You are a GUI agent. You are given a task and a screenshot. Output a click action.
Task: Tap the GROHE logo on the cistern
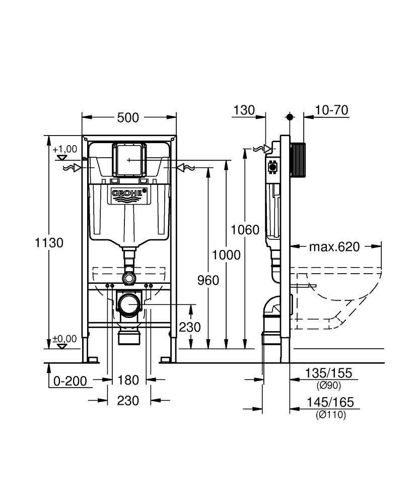tap(128, 193)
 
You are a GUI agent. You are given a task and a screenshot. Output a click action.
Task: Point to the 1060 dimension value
tap(245, 230)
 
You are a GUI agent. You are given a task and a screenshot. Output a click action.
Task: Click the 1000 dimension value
tap(226, 255)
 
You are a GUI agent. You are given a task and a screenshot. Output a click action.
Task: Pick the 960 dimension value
tap(208, 280)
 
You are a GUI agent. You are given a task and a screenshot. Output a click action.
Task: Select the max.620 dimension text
tap(334, 246)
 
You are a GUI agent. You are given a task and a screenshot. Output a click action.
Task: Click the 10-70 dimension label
tap(331, 110)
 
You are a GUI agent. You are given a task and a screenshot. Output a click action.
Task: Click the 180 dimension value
tap(128, 380)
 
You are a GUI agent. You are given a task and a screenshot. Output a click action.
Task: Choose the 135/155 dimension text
tap(329, 373)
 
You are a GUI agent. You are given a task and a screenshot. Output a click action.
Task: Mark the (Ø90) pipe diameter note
tap(329, 386)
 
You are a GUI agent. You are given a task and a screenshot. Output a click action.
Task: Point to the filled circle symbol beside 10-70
tap(290, 117)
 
